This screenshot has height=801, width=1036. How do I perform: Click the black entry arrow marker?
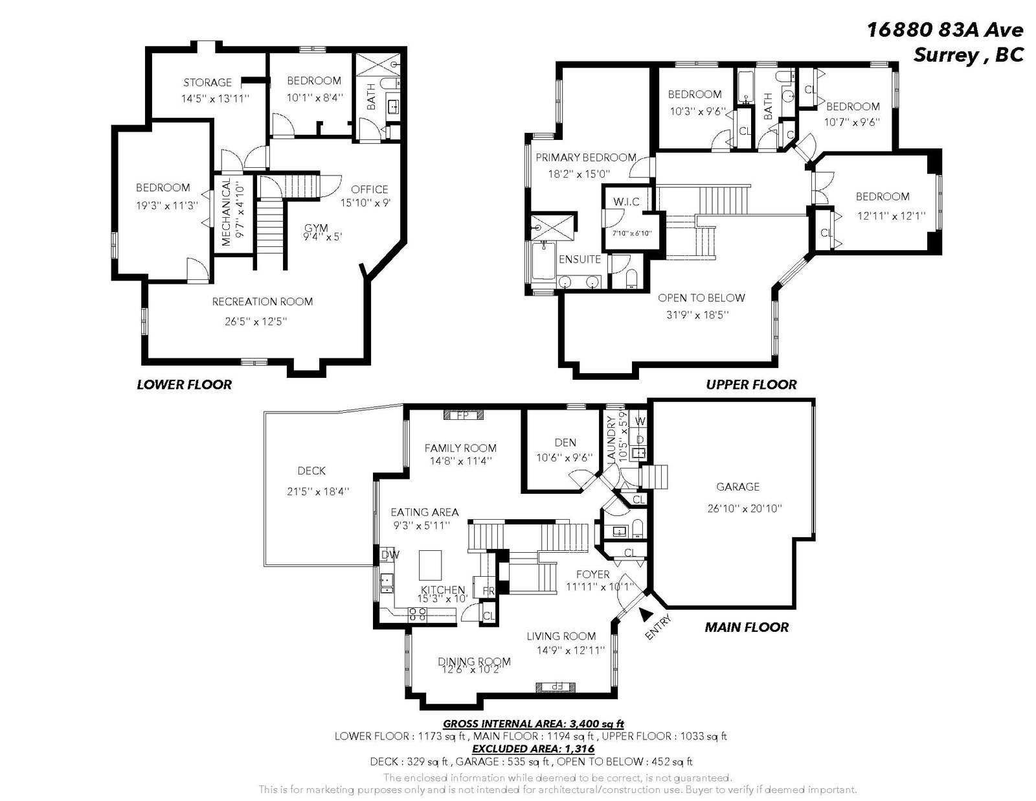point(645,614)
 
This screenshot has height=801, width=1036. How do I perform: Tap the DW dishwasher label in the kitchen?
point(390,554)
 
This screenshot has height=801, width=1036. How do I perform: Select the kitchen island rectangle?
point(430,565)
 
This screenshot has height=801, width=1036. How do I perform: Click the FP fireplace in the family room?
point(464,415)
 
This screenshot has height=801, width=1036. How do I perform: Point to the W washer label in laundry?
point(640,421)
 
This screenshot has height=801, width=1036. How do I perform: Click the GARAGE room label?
point(738,487)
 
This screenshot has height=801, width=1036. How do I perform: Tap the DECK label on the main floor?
point(311,471)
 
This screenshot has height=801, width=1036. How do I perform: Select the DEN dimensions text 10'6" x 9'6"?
point(565,458)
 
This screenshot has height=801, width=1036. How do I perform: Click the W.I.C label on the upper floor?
point(626,202)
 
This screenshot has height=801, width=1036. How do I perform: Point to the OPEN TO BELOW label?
point(701,298)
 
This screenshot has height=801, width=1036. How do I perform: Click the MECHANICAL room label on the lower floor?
point(227,212)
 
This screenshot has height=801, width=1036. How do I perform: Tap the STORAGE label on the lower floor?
point(207,82)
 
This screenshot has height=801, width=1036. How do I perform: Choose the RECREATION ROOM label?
point(262,301)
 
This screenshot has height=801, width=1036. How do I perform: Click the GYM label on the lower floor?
point(316,228)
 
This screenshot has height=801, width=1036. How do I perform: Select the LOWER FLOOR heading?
point(184,384)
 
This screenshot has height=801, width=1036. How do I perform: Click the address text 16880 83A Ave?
point(945,30)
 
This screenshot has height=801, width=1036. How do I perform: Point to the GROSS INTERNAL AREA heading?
point(534,724)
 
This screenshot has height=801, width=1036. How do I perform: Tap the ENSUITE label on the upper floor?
point(580,259)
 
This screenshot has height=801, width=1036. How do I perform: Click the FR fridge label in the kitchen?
point(489,591)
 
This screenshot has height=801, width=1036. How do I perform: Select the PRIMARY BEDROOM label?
point(586,157)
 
